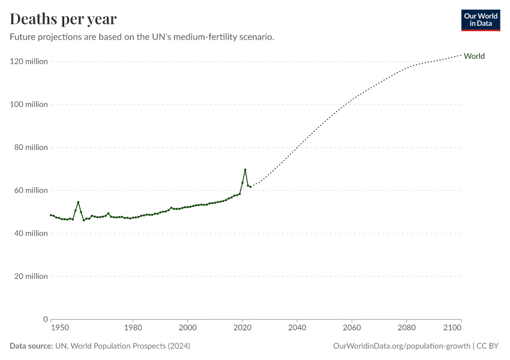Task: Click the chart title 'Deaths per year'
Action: click(x=63, y=19)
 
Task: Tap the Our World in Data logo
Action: click(x=480, y=20)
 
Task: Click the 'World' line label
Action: click(x=474, y=56)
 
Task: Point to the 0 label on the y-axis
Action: click(x=45, y=319)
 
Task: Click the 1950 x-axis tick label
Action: click(x=59, y=328)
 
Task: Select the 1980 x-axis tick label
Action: click(x=133, y=328)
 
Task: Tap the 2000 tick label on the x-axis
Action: click(x=188, y=328)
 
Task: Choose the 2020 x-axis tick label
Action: click(x=242, y=328)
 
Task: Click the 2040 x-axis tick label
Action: click(x=297, y=328)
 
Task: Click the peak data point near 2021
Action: click(x=245, y=170)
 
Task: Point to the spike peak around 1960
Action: click(x=78, y=202)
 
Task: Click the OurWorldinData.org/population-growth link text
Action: click(x=401, y=346)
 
